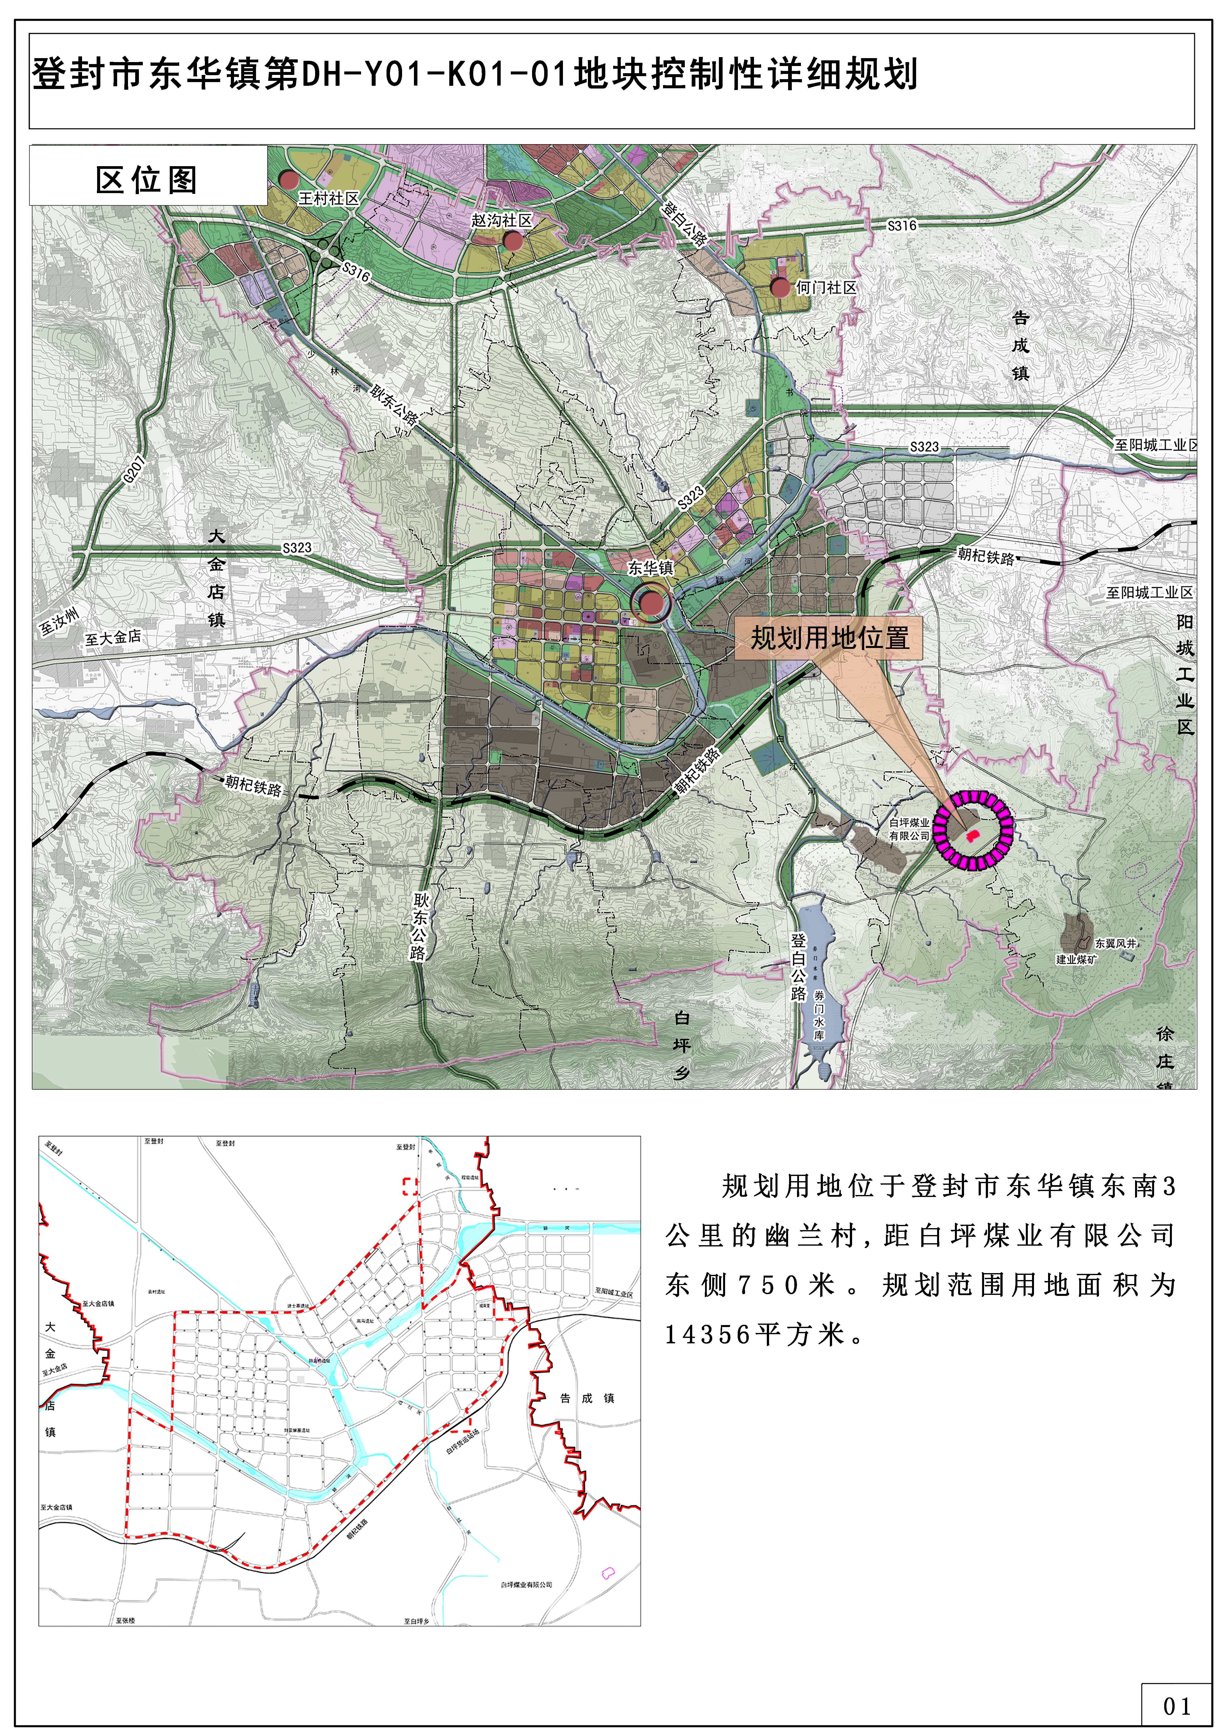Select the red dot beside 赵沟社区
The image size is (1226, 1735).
click(513, 241)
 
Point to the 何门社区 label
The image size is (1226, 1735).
click(826, 288)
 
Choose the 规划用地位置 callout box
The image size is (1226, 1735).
click(829, 638)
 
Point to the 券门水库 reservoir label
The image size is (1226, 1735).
click(819, 1015)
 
